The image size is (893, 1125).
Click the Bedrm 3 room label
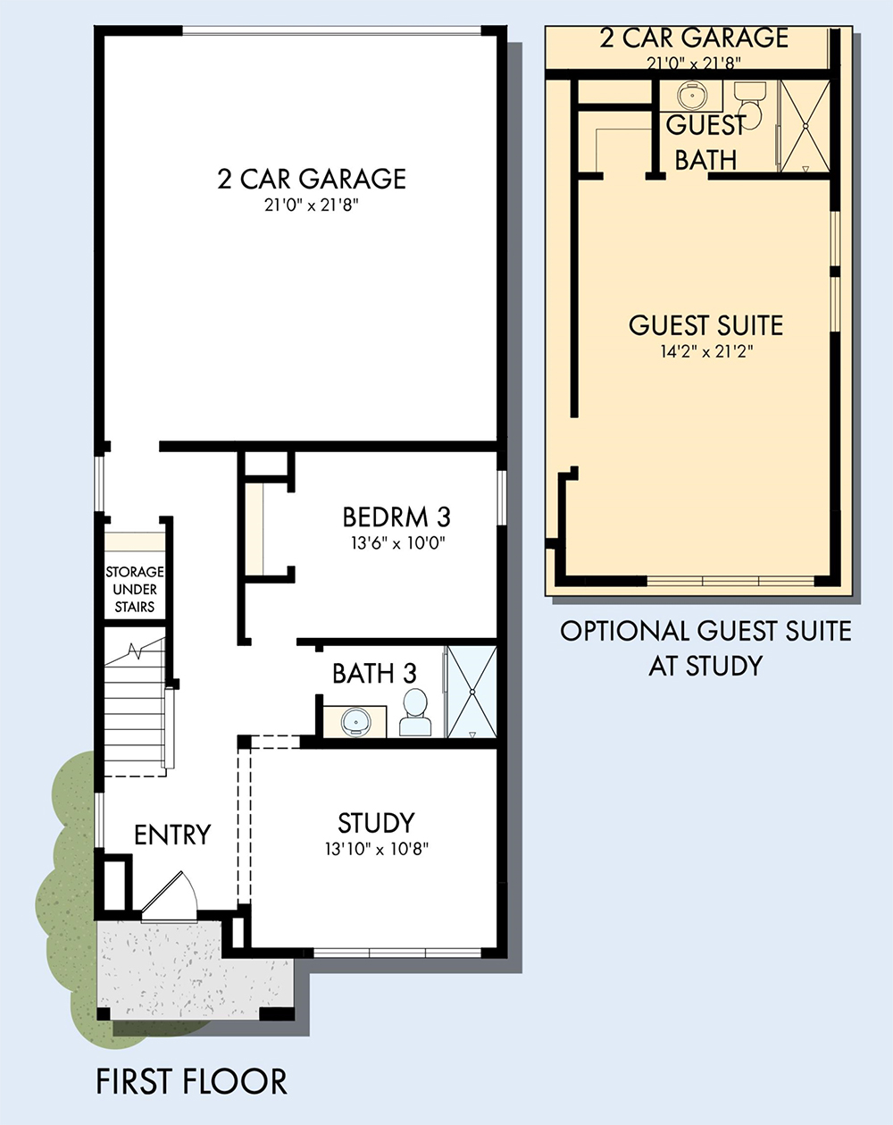pyautogui.click(x=396, y=517)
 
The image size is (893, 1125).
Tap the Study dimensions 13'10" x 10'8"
pyautogui.click(x=376, y=849)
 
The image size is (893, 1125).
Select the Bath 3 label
pyautogui.click(x=374, y=674)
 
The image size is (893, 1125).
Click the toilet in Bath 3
pyautogui.click(x=415, y=712)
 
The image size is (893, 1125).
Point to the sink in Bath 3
pyautogui.click(x=355, y=722)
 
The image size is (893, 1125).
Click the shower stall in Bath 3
pyautogui.click(x=472, y=693)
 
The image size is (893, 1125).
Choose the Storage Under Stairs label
pyautogui.click(x=135, y=589)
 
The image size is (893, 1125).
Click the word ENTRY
pyautogui.click(x=172, y=835)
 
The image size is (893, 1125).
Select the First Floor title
pyautogui.click(x=192, y=1081)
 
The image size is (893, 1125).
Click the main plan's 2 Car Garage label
pyautogui.click(x=312, y=179)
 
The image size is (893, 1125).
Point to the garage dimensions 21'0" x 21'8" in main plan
pyautogui.click(x=312, y=206)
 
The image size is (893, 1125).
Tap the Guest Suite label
pyautogui.click(x=706, y=325)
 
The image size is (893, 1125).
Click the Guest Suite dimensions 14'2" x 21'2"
pyautogui.click(x=706, y=352)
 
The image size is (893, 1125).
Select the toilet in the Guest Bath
pyautogui.click(x=750, y=105)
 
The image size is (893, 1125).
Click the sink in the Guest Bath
pyautogui.click(x=691, y=96)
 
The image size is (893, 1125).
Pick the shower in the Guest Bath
pyautogui.click(x=805, y=125)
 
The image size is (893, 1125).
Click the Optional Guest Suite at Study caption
pyautogui.click(x=706, y=648)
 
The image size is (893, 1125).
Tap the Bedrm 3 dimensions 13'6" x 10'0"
pyautogui.click(x=397, y=543)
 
